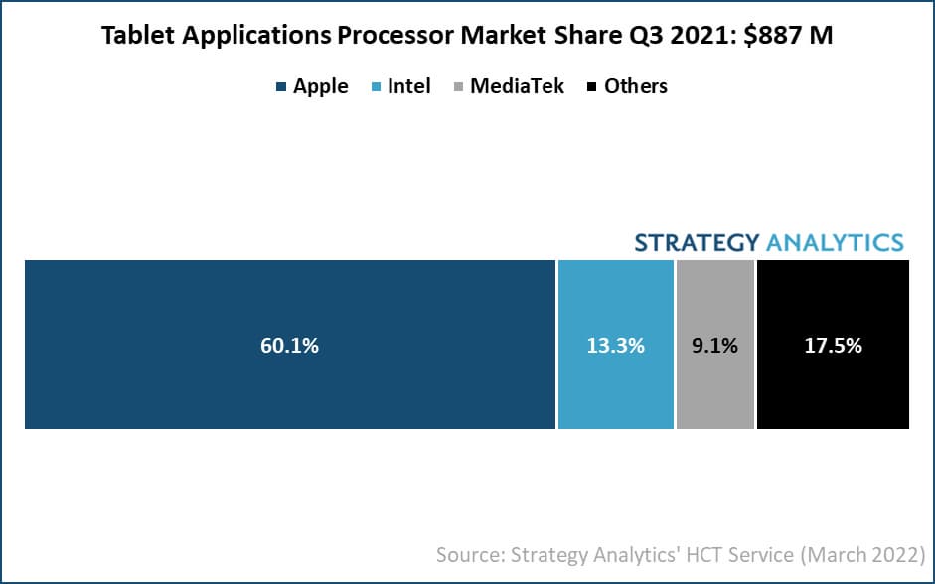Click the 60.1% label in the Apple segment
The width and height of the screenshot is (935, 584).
[x=288, y=346]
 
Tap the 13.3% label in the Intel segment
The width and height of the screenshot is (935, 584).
[x=616, y=346]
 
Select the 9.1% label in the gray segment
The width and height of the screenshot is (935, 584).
[x=714, y=346]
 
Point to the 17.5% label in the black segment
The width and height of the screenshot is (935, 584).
[x=833, y=346]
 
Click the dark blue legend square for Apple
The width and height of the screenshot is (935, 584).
[x=281, y=87]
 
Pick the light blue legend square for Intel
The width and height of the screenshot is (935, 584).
[x=376, y=87]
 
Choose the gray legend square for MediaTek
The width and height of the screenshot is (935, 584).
[x=458, y=87]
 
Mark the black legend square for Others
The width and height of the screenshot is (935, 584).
[x=592, y=87]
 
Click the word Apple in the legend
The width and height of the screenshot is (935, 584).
[x=321, y=86]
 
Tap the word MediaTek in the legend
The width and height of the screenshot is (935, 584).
[x=518, y=86]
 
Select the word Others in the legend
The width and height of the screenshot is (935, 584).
[x=636, y=86]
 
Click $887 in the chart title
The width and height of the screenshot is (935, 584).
[x=775, y=38]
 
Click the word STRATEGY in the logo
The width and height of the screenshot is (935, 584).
[x=697, y=243]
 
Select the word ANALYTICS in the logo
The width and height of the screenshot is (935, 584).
[x=835, y=243]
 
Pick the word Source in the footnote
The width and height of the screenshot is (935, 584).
[x=469, y=553]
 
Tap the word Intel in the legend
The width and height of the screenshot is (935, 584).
[x=409, y=86]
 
